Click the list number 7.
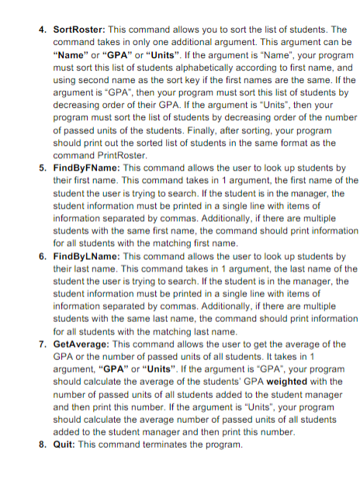(43, 343)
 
